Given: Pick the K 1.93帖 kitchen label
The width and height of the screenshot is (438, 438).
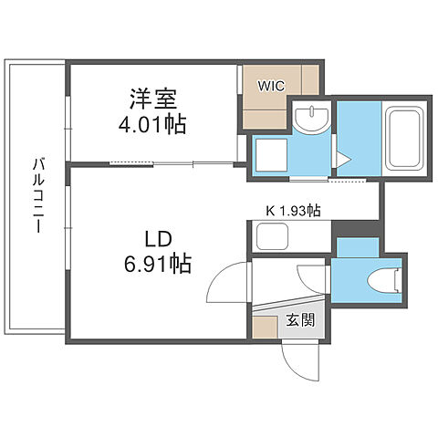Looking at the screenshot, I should tap(292, 211).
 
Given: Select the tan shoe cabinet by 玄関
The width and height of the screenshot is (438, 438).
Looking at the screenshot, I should tap(266, 328).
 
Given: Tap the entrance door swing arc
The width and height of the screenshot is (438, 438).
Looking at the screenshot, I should tap(297, 360).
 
